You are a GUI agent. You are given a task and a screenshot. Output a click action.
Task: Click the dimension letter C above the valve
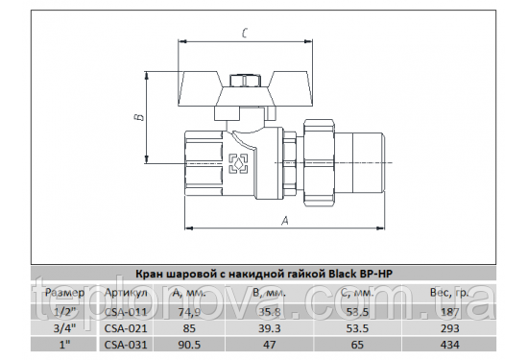tap(247, 34)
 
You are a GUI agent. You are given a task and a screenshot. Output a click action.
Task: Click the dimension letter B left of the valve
tap(137, 119)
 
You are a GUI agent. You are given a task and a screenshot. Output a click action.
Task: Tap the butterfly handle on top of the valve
tap(244, 83)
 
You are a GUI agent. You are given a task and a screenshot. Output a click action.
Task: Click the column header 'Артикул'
tap(126, 292)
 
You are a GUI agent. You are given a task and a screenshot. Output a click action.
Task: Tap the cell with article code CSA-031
tap(126, 344)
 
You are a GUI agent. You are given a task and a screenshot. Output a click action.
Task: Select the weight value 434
tap(448, 344)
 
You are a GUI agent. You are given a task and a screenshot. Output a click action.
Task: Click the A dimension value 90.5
tap(190, 344)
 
